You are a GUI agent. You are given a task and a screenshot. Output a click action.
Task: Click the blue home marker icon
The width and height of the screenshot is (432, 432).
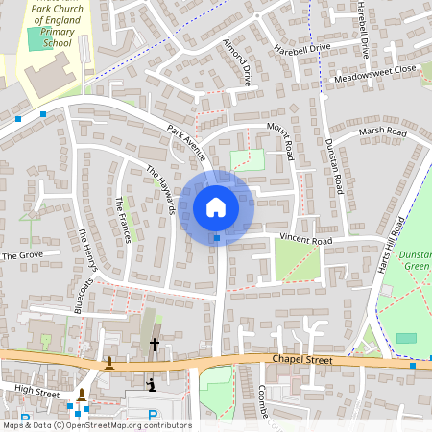pyautogui.click(x=216, y=206)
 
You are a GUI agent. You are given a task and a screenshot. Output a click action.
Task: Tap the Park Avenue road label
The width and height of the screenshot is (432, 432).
pyautogui.click(x=186, y=141)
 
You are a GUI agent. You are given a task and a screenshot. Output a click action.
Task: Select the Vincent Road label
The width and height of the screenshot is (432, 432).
pyautogui.click(x=305, y=239)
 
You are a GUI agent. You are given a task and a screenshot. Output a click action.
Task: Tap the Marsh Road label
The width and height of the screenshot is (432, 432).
pyautogui.click(x=382, y=132)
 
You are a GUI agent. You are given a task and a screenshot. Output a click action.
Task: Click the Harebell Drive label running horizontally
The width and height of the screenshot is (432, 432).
pyautogui.click(x=301, y=48)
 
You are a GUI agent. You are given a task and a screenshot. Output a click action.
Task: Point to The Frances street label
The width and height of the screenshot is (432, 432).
pyautogui.click(x=123, y=220)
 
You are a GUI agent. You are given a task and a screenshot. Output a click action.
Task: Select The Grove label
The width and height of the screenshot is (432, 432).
pyautogui.click(x=23, y=256)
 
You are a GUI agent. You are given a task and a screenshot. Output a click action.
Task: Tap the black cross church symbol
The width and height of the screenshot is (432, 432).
pyautogui.click(x=154, y=343)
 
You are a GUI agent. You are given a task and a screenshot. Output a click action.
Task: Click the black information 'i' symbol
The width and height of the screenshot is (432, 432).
pyautogui.click(x=151, y=385)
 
